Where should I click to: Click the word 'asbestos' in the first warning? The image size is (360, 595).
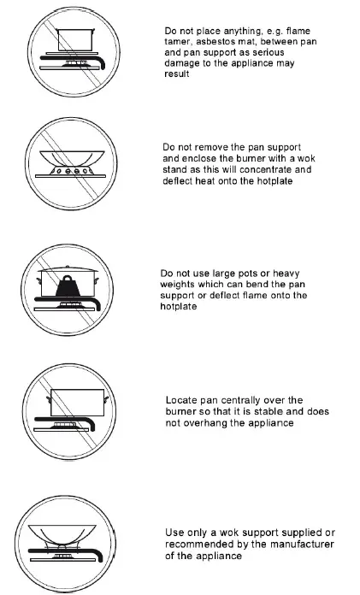click(214, 42)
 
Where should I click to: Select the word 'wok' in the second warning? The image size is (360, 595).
click(306, 158)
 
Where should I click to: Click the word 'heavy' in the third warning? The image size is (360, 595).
click(286, 274)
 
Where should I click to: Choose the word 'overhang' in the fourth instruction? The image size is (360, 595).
click(204, 422)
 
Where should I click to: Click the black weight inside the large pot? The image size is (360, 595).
click(68, 286)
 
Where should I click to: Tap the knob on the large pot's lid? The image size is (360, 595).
click(68, 267)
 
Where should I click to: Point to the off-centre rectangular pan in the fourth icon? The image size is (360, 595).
click(77, 403)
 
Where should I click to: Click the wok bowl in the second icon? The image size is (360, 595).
click(72, 157)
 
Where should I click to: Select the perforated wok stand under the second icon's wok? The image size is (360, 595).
click(72, 170)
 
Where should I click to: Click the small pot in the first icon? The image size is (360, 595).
click(74, 40)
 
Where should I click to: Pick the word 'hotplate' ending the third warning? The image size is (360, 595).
click(178, 306)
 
